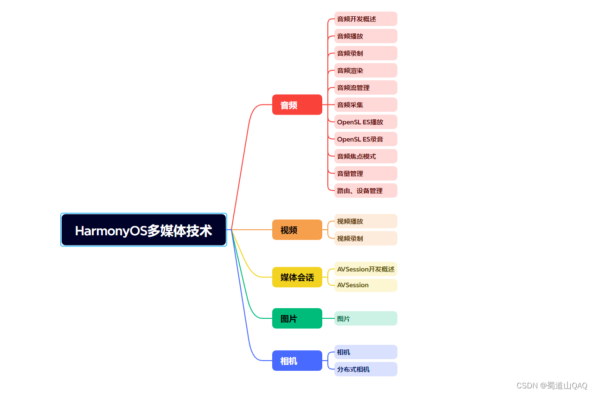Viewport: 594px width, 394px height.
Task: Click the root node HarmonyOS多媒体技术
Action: (143, 230)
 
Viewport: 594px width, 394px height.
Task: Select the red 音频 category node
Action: (297, 105)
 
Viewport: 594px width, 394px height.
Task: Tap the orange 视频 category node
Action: (297, 230)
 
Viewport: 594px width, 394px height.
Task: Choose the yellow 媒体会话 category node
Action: (297, 277)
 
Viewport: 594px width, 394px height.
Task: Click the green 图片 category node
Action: (297, 318)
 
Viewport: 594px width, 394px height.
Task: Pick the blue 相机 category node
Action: (297, 361)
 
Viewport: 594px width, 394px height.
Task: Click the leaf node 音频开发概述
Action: (366, 19)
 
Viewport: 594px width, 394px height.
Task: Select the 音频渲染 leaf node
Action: (366, 71)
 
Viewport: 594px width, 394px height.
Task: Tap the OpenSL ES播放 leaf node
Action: (366, 122)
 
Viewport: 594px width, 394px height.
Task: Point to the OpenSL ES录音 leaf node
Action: (366, 139)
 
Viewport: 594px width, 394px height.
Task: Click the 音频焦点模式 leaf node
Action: (366, 156)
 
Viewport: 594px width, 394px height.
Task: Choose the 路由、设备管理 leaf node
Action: (366, 190)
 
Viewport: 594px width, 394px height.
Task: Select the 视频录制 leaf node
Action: (366, 238)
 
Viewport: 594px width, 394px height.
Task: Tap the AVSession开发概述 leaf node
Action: (366, 269)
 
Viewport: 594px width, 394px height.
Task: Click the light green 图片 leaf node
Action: (366, 318)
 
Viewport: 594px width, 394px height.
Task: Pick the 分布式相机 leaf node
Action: (366, 369)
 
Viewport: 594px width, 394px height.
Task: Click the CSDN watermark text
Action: (552, 386)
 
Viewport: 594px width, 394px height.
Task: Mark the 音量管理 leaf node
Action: (366, 174)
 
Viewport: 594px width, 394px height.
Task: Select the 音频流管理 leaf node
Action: (366, 88)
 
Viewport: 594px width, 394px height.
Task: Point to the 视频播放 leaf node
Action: (366, 221)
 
